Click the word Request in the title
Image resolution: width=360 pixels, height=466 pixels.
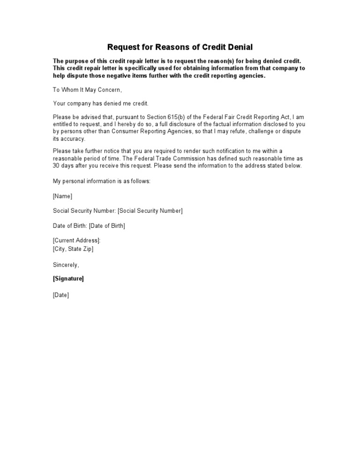pos(124,47)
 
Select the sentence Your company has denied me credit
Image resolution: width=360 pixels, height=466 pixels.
pos(100,103)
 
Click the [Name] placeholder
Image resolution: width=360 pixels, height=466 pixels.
pos(62,196)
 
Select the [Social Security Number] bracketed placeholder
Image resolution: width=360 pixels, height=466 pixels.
pos(150,210)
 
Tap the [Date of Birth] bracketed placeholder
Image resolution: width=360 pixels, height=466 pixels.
pos(107,225)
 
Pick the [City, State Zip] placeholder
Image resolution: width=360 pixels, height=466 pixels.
pos(73,248)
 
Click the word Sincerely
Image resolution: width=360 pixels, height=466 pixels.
pos(66,265)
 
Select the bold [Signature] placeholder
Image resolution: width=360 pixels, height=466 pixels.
pos(68,278)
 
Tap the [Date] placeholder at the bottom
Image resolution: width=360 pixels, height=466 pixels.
pos(61,295)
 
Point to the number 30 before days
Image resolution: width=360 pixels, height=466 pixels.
pos(57,165)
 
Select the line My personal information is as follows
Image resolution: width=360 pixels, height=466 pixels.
pos(102,181)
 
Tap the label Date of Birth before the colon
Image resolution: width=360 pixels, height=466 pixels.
pos(69,225)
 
